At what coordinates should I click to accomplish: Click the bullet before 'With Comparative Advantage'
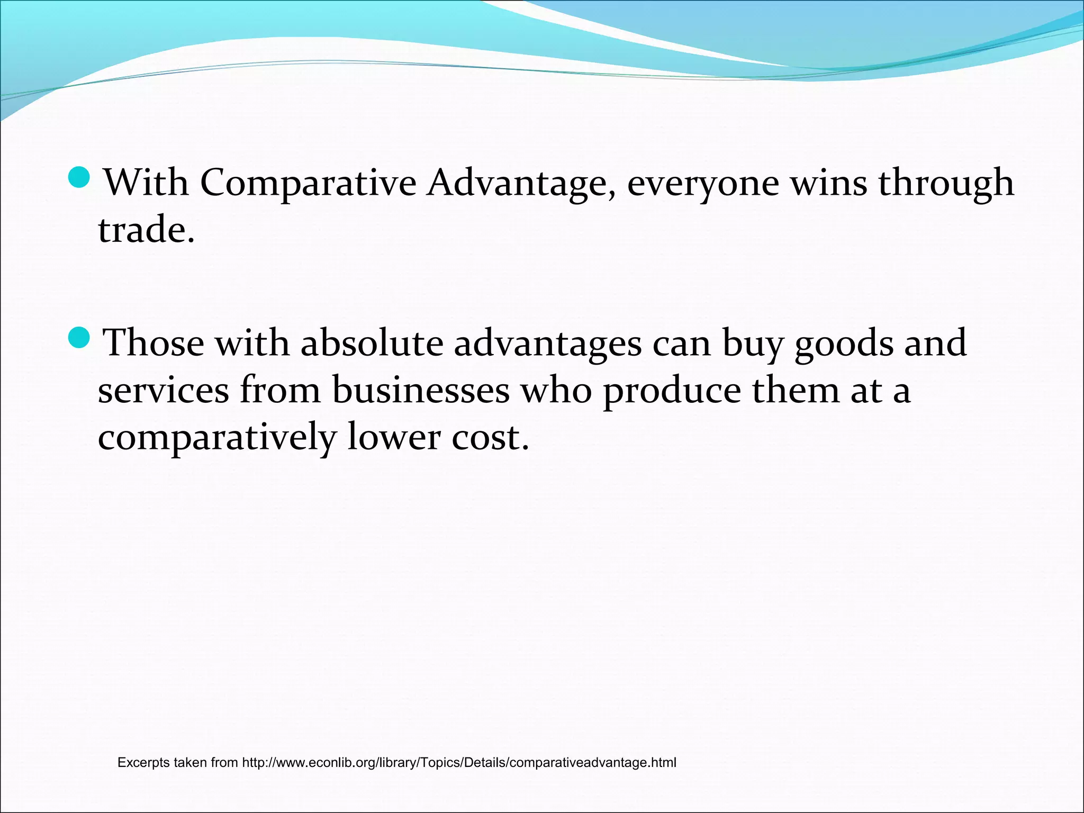(80, 177)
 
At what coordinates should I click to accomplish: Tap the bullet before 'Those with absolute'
(80, 338)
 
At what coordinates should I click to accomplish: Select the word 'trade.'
(147, 230)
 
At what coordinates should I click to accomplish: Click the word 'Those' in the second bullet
(153, 343)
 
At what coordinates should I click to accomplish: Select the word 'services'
(164, 391)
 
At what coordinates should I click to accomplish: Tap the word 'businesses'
(421, 391)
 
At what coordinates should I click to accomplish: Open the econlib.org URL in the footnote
(459, 763)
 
